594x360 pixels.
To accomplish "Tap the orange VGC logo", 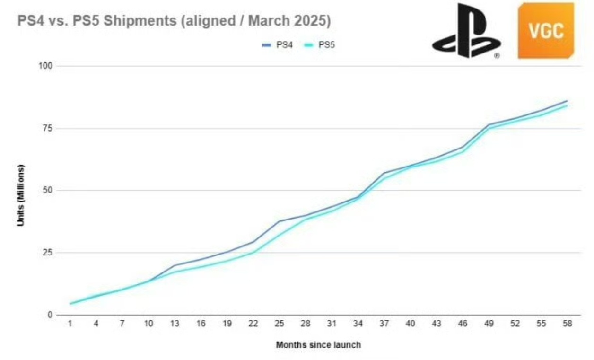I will coord(546,31).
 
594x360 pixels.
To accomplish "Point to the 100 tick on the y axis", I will coord(45,66).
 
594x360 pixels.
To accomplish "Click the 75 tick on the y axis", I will coord(47,128).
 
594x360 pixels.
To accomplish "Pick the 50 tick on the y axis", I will coord(47,190).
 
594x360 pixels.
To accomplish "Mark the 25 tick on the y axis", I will coord(47,253).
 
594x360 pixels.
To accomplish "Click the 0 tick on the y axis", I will coord(49,315).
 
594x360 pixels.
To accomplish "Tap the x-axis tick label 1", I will coord(70,325).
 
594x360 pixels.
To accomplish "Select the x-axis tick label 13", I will coord(175,325).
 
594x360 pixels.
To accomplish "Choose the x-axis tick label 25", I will coord(279,325).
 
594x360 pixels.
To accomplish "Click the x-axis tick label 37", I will coord(384,325).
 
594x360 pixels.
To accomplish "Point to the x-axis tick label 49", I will coord(489,325).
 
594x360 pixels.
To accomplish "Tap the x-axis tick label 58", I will coord(567,325).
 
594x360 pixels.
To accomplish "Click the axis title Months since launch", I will coord(318,345).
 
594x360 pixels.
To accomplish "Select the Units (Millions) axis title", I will coord(21,195).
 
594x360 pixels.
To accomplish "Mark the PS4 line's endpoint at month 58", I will coord(567,101).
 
